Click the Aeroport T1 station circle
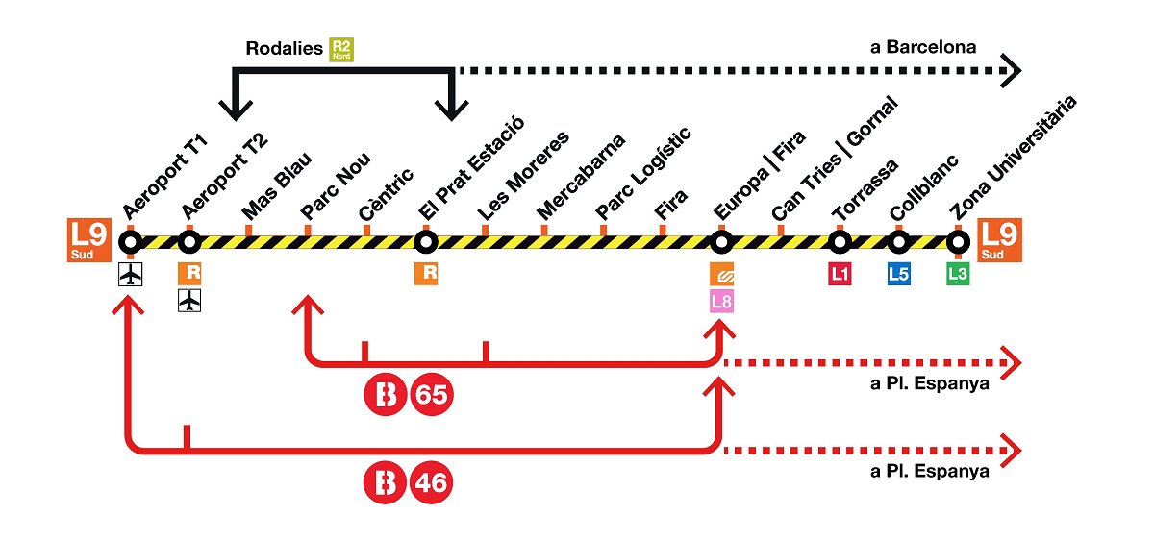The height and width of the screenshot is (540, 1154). [130, 241]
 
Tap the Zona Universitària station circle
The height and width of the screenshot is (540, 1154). [957, 241]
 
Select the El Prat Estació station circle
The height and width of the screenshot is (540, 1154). [425, 241]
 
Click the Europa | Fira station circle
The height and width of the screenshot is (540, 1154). [721, 241]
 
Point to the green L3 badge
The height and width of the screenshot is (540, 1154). [957, 274]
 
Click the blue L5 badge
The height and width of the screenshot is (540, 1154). [898, 274]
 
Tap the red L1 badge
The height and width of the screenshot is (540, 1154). [840, 274]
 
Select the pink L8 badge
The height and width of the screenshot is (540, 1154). [721, 303]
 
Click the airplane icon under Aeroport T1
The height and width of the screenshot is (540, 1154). [130, 275]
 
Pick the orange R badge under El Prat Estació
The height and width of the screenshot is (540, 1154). [426, 274]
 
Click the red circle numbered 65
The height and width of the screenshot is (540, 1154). [431, 395]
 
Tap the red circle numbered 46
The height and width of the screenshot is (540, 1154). [431, 482]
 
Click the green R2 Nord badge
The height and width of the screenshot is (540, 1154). [341, 50]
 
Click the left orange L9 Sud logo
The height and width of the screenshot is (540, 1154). [90, 240]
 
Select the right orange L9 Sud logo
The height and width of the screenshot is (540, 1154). [1000, 240]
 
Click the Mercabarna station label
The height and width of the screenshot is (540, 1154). [580, 177]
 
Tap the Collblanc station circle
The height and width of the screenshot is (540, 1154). [898, 241]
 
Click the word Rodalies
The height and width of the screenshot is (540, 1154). [284, 48]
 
